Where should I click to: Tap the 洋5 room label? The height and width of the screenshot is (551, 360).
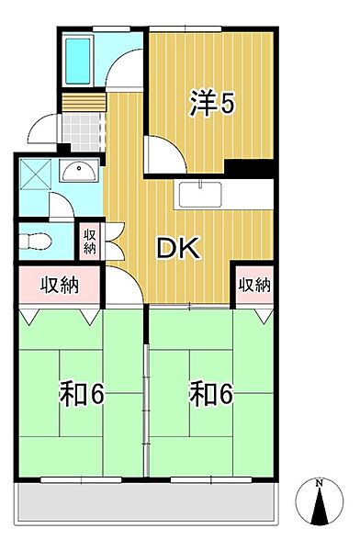[x=213, y=104]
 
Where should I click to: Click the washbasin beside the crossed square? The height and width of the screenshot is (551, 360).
[x=80, y=170]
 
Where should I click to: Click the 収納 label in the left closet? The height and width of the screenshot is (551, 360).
[x=58, y=286]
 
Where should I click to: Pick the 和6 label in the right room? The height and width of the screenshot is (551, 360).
[x=211, y=394]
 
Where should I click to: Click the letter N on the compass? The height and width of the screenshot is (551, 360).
[x=318, y=483]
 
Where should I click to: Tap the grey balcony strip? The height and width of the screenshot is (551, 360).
[x=147, y=501]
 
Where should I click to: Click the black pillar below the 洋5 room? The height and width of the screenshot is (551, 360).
[x=249, y=171]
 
